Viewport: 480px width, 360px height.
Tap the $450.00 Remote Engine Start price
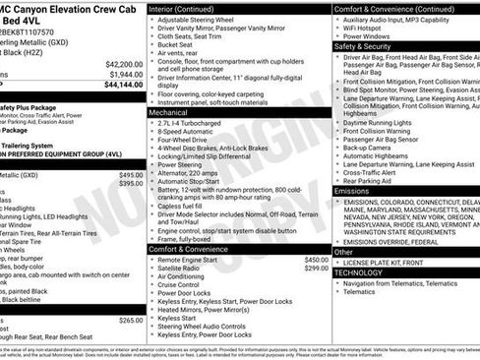pos(310,260)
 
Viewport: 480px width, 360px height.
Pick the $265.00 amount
pos(131,320)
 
